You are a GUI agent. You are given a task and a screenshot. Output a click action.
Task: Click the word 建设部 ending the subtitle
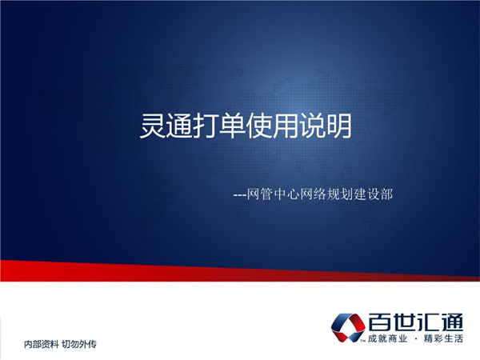[x=379, y=193]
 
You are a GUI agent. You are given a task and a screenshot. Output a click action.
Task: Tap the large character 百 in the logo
[x=382, y=322]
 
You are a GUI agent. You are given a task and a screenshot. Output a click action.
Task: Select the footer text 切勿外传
[x=79, y=345]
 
